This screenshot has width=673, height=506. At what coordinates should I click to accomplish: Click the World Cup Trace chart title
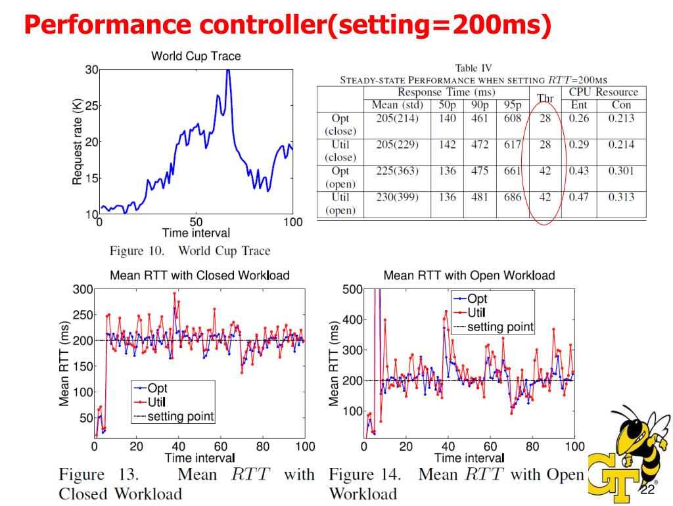(x=196, y=57)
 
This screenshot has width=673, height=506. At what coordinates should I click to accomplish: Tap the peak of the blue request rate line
(x=228, y=70)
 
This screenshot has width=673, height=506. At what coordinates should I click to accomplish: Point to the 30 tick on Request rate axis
(x=91, y=70)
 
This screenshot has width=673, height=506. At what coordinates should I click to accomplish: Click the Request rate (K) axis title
(x=77, y=141)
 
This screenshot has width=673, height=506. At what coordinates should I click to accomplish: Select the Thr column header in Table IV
(x=545, y=99)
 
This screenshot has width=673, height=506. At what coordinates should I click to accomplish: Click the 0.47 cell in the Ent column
(x=578, y=197)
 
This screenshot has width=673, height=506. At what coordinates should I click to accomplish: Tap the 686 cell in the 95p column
(x=512, y=197)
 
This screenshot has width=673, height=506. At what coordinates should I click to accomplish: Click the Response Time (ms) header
(x=446, y=92)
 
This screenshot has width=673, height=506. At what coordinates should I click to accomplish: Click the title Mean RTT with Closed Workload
(x=200, y=275)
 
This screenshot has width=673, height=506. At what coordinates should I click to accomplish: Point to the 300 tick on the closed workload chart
(x=83, y=289)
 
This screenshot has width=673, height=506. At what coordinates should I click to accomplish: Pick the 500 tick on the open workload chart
(x=353, y=289)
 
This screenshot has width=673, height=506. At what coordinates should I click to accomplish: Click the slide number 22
(x=647, y=490)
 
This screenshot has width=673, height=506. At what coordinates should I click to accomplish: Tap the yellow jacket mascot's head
(x=632, y=430)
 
